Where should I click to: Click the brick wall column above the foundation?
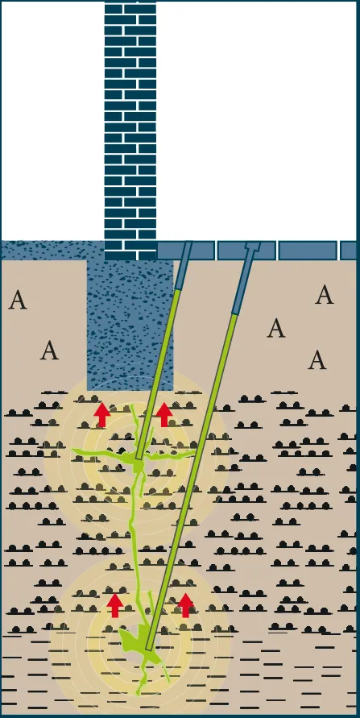130,131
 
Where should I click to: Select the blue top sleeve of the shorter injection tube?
183,266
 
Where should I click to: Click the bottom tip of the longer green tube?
148,647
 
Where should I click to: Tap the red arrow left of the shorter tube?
102,415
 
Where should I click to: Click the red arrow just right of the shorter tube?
164,415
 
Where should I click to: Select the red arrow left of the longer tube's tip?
115,605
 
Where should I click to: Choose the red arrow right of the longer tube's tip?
185,605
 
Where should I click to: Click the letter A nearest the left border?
18,300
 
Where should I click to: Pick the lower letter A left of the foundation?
49,351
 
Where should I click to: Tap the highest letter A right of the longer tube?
325,294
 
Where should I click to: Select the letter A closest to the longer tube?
276,328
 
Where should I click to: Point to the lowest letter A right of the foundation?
317,360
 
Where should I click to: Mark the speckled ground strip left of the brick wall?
52,251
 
